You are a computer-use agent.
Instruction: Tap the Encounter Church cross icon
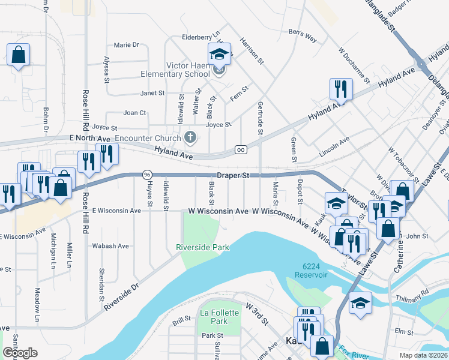(190, 138)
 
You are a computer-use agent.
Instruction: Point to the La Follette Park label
(214, 317)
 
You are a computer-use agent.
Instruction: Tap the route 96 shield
(147, 175)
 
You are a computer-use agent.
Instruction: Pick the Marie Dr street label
(126, 45)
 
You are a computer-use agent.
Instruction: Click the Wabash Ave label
(110, 246)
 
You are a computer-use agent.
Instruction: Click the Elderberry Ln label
(202, 37)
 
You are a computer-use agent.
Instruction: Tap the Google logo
(20, 353)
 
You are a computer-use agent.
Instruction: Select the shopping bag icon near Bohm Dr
(18, 55)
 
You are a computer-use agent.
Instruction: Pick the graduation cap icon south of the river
(360, 302)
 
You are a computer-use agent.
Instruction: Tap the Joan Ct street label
(134, 113)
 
